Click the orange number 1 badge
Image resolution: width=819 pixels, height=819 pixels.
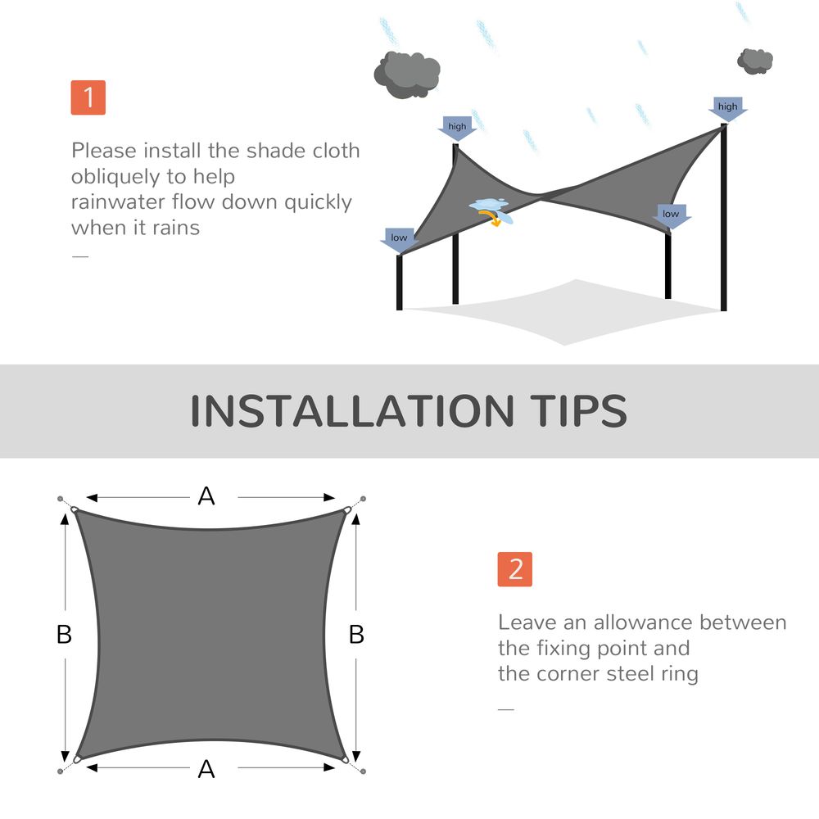[x=88, y=97]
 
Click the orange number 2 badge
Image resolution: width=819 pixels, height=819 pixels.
[x=514, y=569]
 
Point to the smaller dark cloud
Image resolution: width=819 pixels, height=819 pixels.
[x=755, y=60]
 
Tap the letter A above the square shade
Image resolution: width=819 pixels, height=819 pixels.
[x=206, y=495]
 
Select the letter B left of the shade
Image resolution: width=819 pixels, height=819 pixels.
[x=64, y=635]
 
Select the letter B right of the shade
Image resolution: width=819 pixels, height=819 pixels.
[x=356, y=635]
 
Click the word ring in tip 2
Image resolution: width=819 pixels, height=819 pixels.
[x=679, y=675]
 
